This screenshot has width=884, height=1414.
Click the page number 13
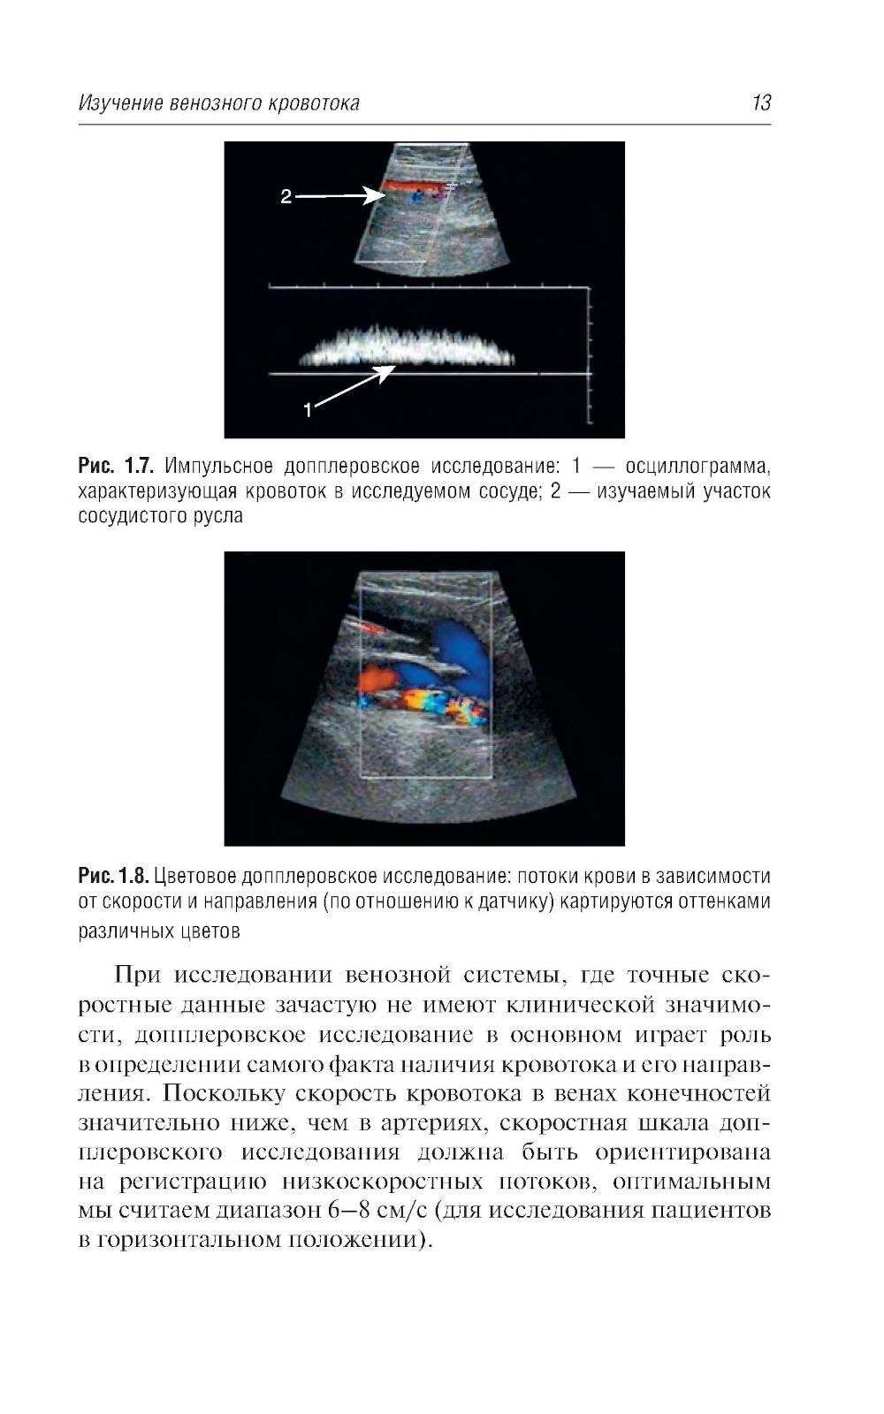coord(761,103)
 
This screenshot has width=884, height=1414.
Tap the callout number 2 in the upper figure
coord(286,197)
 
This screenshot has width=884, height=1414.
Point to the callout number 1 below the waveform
coord(308,409)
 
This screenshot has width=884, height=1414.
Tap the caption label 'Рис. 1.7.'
coord(117,466)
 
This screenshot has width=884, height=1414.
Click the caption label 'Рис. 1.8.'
coord(113,877)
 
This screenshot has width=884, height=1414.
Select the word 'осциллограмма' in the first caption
coord(697,466)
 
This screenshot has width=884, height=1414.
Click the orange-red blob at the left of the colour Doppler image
coord(377,680)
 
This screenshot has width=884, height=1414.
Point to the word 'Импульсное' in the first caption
coord(220,466)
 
